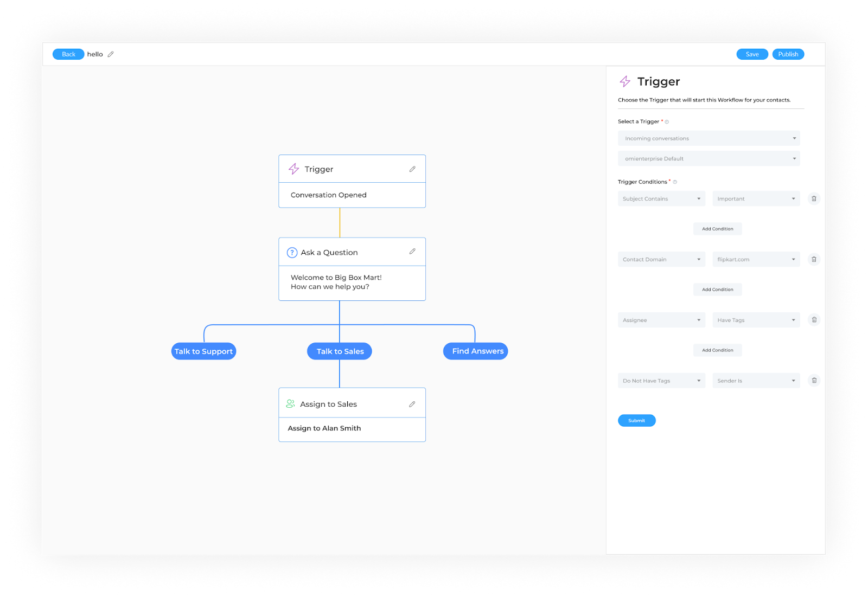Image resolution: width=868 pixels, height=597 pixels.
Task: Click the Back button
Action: click(x=68, y=54)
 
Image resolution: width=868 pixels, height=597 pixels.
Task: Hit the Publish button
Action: click(x=788, y=54)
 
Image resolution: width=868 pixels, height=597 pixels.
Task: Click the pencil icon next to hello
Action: click(x=111, y=54)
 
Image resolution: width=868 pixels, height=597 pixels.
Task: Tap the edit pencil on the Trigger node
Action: click(x=412, y=169)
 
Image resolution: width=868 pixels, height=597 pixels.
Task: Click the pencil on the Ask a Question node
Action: click(x=412, y=252)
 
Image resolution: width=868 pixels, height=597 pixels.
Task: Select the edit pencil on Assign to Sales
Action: click(x=412, y=404)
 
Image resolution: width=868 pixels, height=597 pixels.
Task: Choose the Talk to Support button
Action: click(x=203, y=351)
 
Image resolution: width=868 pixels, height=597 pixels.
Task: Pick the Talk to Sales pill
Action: click(x=340, y=351)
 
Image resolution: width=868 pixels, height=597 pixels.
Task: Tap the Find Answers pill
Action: click(x=475, y=351)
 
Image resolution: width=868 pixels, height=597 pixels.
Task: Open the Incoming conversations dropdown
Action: click(x=709, y=138)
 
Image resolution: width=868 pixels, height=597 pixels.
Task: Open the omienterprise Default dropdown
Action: click(x=709, y=158)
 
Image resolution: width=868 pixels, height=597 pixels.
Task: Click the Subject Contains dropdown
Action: click(x=661, y=199)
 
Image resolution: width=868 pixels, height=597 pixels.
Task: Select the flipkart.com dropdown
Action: click(x=756, y=259)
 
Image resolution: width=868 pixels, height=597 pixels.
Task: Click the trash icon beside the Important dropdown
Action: click(x=814, y=199)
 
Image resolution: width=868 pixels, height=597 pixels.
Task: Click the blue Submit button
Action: click(x=637, y=420)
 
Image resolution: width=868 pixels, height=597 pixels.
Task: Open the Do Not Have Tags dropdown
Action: click(x=661, y=381)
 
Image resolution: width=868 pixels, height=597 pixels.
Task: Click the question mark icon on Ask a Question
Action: click(x=292, y=253)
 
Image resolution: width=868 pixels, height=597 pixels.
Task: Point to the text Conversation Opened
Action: click(x=329, y=195)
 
